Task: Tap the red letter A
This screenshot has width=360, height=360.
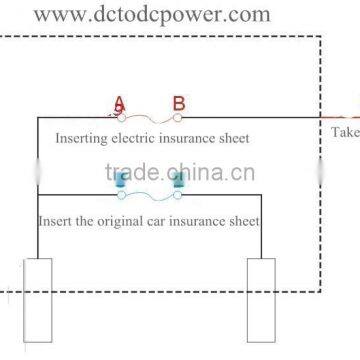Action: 120,103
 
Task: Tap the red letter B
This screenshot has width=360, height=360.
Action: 178,103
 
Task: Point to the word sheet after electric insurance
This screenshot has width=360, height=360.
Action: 233,138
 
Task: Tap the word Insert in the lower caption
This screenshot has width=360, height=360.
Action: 56,220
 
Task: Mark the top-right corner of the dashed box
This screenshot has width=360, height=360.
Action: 320,37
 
